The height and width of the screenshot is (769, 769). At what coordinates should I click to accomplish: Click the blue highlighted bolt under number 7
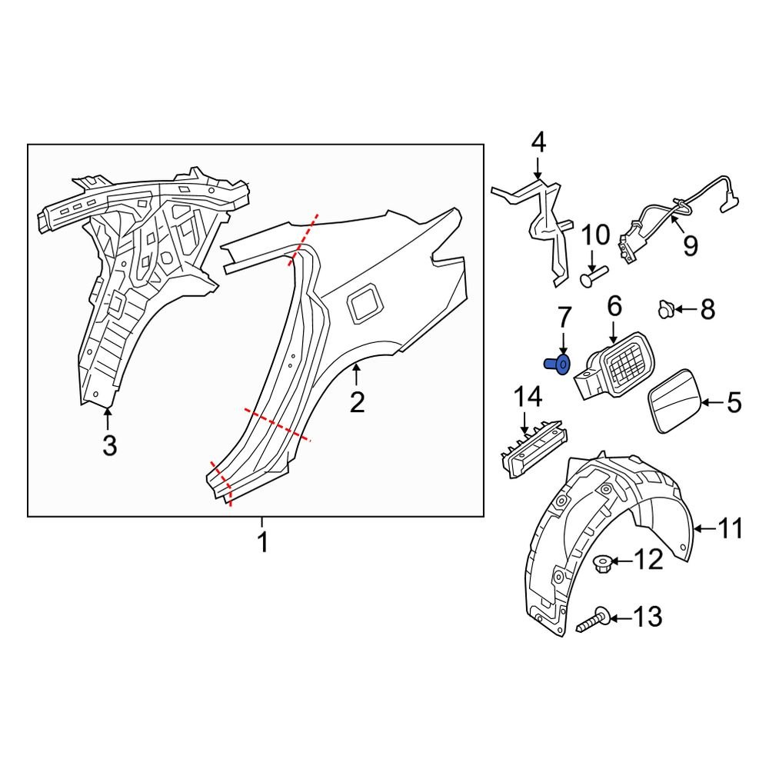coord(561,364)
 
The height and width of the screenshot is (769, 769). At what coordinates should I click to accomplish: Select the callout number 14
coord(528,397)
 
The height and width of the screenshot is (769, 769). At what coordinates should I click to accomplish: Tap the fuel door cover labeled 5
coord(674,401)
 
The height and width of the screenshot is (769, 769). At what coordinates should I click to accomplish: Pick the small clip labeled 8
coord(665,310)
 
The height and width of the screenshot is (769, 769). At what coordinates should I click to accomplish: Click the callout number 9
coord(690,245)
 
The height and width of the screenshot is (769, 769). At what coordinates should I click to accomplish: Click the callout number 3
coord(109,444)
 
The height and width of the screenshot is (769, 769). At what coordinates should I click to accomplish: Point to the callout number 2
coord(357,401)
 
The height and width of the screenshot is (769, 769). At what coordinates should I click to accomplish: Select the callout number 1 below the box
coord(262,542)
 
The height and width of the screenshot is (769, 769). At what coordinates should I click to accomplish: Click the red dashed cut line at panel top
coord(302,241)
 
